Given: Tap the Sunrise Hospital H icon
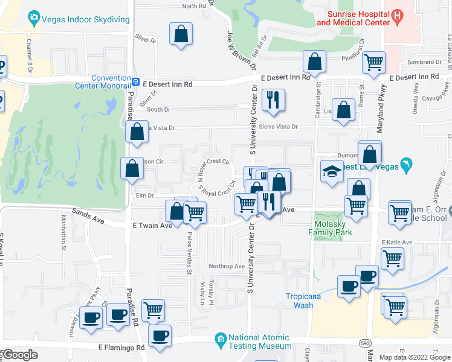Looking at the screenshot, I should [x=397, y=16].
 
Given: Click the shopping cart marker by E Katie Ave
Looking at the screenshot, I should [x=393, y=258].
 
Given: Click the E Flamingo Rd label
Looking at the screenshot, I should [x=122, y=348].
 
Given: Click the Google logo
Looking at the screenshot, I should [x=20, y=355].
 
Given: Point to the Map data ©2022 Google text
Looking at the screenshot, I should [x=415, y=357].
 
